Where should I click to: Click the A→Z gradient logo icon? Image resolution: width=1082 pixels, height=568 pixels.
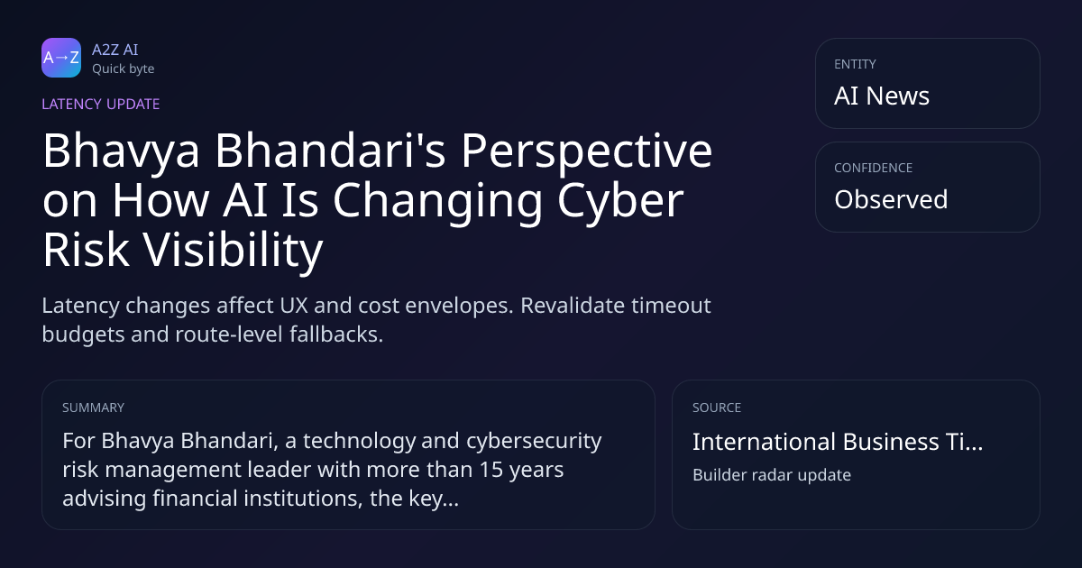point(61,58)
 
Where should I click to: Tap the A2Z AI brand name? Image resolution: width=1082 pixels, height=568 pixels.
point(115,50)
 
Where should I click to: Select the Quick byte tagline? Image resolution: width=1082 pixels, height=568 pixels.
point(124,69)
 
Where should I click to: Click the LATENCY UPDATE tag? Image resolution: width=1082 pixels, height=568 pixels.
point(100,104)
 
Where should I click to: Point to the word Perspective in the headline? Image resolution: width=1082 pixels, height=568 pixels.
point(587,151)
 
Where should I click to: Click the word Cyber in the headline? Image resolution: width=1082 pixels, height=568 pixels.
point(620,201)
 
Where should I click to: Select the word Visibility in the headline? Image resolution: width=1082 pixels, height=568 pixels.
point(233,250)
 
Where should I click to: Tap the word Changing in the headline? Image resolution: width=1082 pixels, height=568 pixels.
point(438,201)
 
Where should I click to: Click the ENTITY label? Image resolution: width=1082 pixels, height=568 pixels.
point(855,64)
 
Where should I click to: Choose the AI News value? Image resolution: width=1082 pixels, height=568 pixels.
point(882,96)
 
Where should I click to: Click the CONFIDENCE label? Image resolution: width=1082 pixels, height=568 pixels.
point(874,168)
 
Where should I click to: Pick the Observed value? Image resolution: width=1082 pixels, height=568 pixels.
point(891,199)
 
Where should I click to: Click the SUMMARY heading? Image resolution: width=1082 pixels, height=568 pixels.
point(93,408)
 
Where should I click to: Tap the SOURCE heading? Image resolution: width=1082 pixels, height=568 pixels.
point(717,408)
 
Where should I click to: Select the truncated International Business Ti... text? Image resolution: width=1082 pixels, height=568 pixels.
point(838,442)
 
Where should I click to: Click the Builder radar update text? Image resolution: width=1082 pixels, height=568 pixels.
point(772,475)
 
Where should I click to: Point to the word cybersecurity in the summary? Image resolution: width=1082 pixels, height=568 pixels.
point(534,441)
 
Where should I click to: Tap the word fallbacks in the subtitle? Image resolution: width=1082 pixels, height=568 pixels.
point(336,334)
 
